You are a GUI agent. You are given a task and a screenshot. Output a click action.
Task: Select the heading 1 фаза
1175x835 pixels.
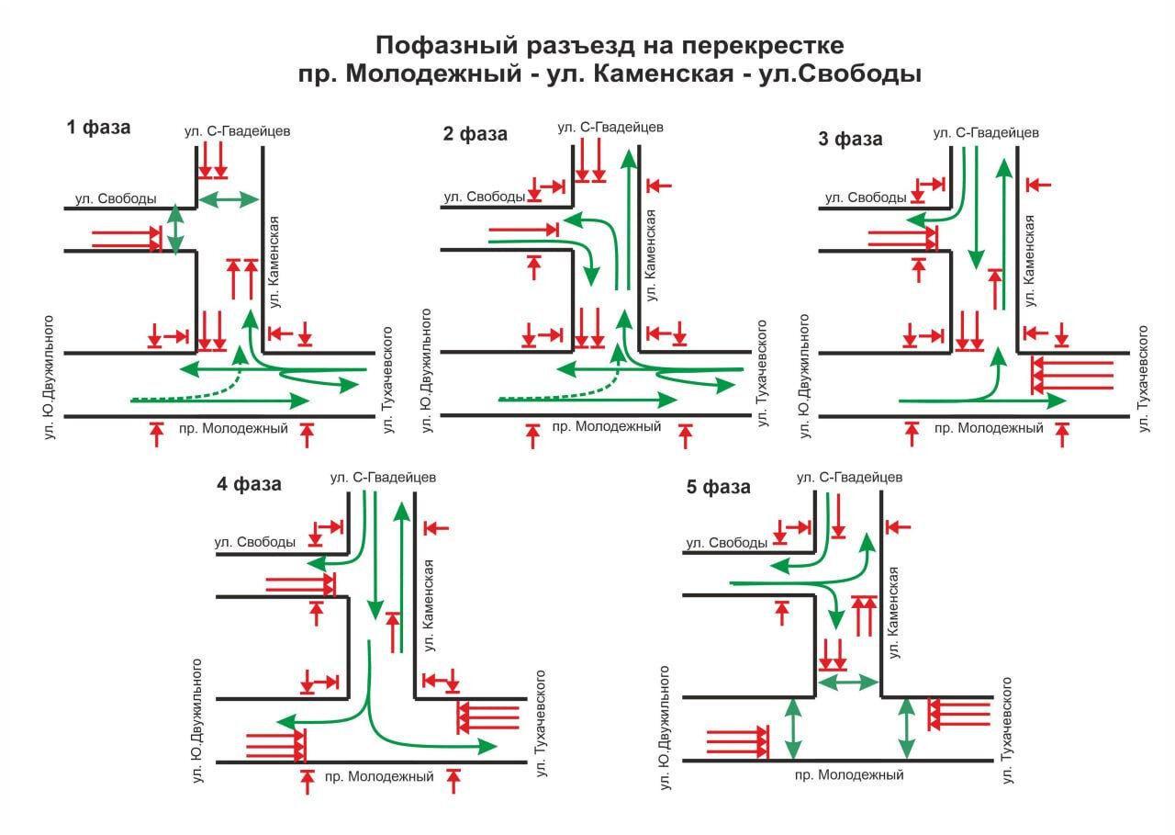[x=98, y=128]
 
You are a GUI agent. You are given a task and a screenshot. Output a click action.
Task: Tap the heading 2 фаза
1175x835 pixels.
[x=475, y=134]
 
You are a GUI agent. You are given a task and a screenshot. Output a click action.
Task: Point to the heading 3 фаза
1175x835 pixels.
[x=850, y=140]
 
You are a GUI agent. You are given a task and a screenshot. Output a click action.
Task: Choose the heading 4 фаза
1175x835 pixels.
[x=249, y=484]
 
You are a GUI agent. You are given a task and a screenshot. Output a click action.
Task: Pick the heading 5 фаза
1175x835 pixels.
[x=718, y=487]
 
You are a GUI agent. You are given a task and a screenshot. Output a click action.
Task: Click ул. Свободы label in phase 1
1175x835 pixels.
[x=116, y=198]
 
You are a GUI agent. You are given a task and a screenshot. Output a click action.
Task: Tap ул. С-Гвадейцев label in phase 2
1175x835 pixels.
[x=610, y=127]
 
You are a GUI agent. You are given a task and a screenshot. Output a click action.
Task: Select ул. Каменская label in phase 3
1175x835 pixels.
[x=1030, y=260]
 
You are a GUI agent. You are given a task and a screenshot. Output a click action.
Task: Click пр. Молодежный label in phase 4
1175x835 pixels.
[x=379, y=777]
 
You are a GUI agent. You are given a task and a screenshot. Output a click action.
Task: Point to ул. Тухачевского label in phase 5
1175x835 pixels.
[x=1007, y=730]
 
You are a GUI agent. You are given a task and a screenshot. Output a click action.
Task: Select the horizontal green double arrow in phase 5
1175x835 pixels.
[x=848, y=682]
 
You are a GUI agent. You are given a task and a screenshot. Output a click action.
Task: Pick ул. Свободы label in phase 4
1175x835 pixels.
[x=254, y=542]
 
